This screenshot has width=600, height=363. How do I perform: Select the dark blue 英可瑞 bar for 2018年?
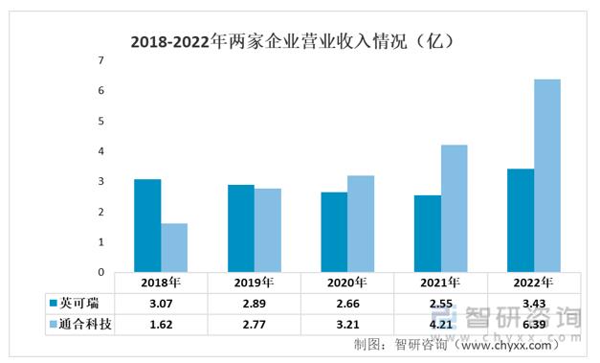(x=147, y=225)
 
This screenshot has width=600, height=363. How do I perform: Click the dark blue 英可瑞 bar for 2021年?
(x=427, y=234)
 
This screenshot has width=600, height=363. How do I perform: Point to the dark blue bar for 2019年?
(x=240, y=228)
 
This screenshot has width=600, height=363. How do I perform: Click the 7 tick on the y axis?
(x=100, y=60)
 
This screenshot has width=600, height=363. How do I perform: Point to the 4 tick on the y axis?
(x=100, y=151)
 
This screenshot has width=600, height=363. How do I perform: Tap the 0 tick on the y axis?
(x=100, y=273)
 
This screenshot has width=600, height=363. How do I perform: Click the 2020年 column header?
(x=346, y=284)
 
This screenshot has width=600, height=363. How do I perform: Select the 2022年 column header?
(x=533, y=284)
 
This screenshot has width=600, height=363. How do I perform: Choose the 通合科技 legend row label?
(x=85, y=325)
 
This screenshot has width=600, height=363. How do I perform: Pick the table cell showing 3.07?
(x=160, y=304)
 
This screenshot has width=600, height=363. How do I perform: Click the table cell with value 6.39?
(x=533, y=325)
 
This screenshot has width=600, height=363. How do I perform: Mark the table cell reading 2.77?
(x=254, y=325)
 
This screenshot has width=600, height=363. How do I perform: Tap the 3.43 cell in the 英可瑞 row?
(x=533, y=304)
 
